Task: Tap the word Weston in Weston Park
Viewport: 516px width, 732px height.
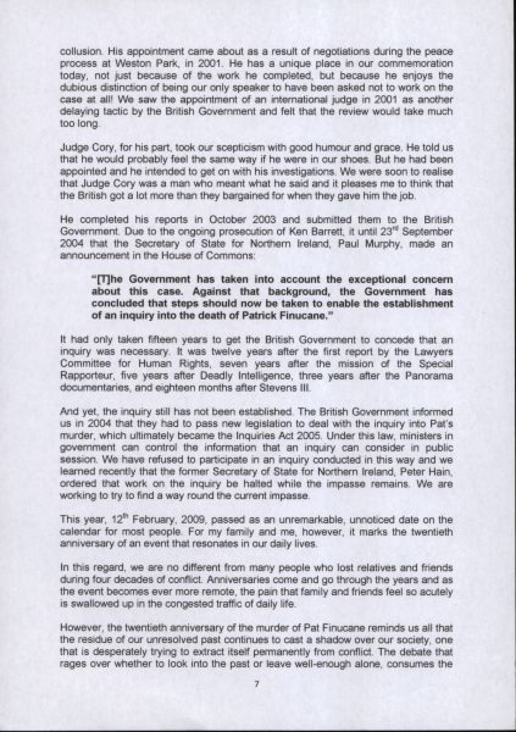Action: [113, 63]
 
